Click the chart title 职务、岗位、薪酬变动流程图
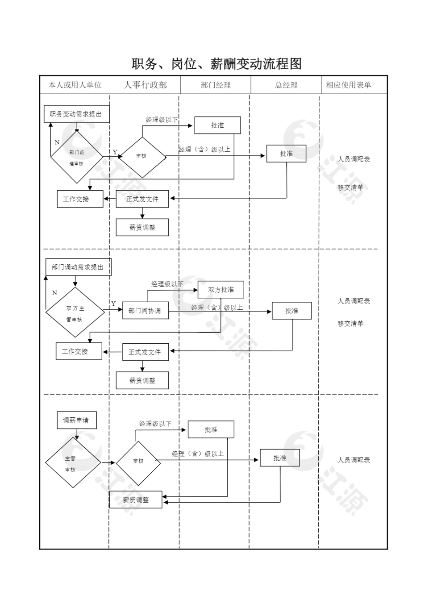coord(216,64)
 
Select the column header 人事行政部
coord(146,85)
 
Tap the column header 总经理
coord(286,85)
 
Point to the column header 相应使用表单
coord(349,85)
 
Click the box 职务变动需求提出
coord(76,114)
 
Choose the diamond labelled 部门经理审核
coord(76,157)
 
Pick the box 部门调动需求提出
coord(78,267)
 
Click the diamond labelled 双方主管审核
coord(75,312)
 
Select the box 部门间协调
coord(145,311)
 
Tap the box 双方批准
coord(221,290)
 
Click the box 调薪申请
coord(76,420)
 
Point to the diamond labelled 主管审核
coord(72,463)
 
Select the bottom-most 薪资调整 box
coord(136,500)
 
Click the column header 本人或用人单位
coord(75,85)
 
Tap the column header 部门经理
coord(216,85)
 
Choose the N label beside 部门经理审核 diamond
coord(57,142)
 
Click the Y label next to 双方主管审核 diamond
coord(113,304)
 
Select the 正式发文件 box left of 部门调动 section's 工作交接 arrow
coord(145,352)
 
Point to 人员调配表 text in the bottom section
coord(354,460)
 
